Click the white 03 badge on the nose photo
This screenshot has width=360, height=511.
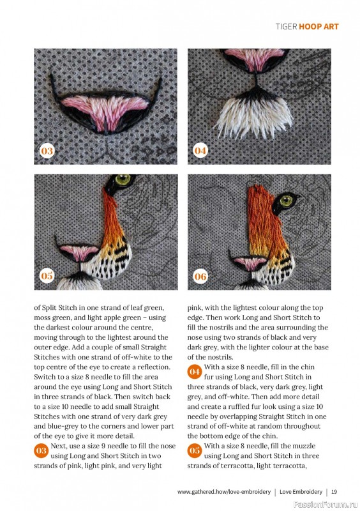point(47,151)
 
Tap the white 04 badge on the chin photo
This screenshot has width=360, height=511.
point(200,151)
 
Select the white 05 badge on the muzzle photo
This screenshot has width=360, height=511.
point(47,276)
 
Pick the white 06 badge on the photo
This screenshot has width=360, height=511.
point(200,276)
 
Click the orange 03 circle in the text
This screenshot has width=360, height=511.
point(41,450)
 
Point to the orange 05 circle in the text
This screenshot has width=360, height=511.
point(195,450)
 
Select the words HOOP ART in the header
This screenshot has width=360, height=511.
point(320,27)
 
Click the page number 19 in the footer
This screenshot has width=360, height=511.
point(334,492)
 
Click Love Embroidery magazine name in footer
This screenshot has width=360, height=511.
point(301,492)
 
